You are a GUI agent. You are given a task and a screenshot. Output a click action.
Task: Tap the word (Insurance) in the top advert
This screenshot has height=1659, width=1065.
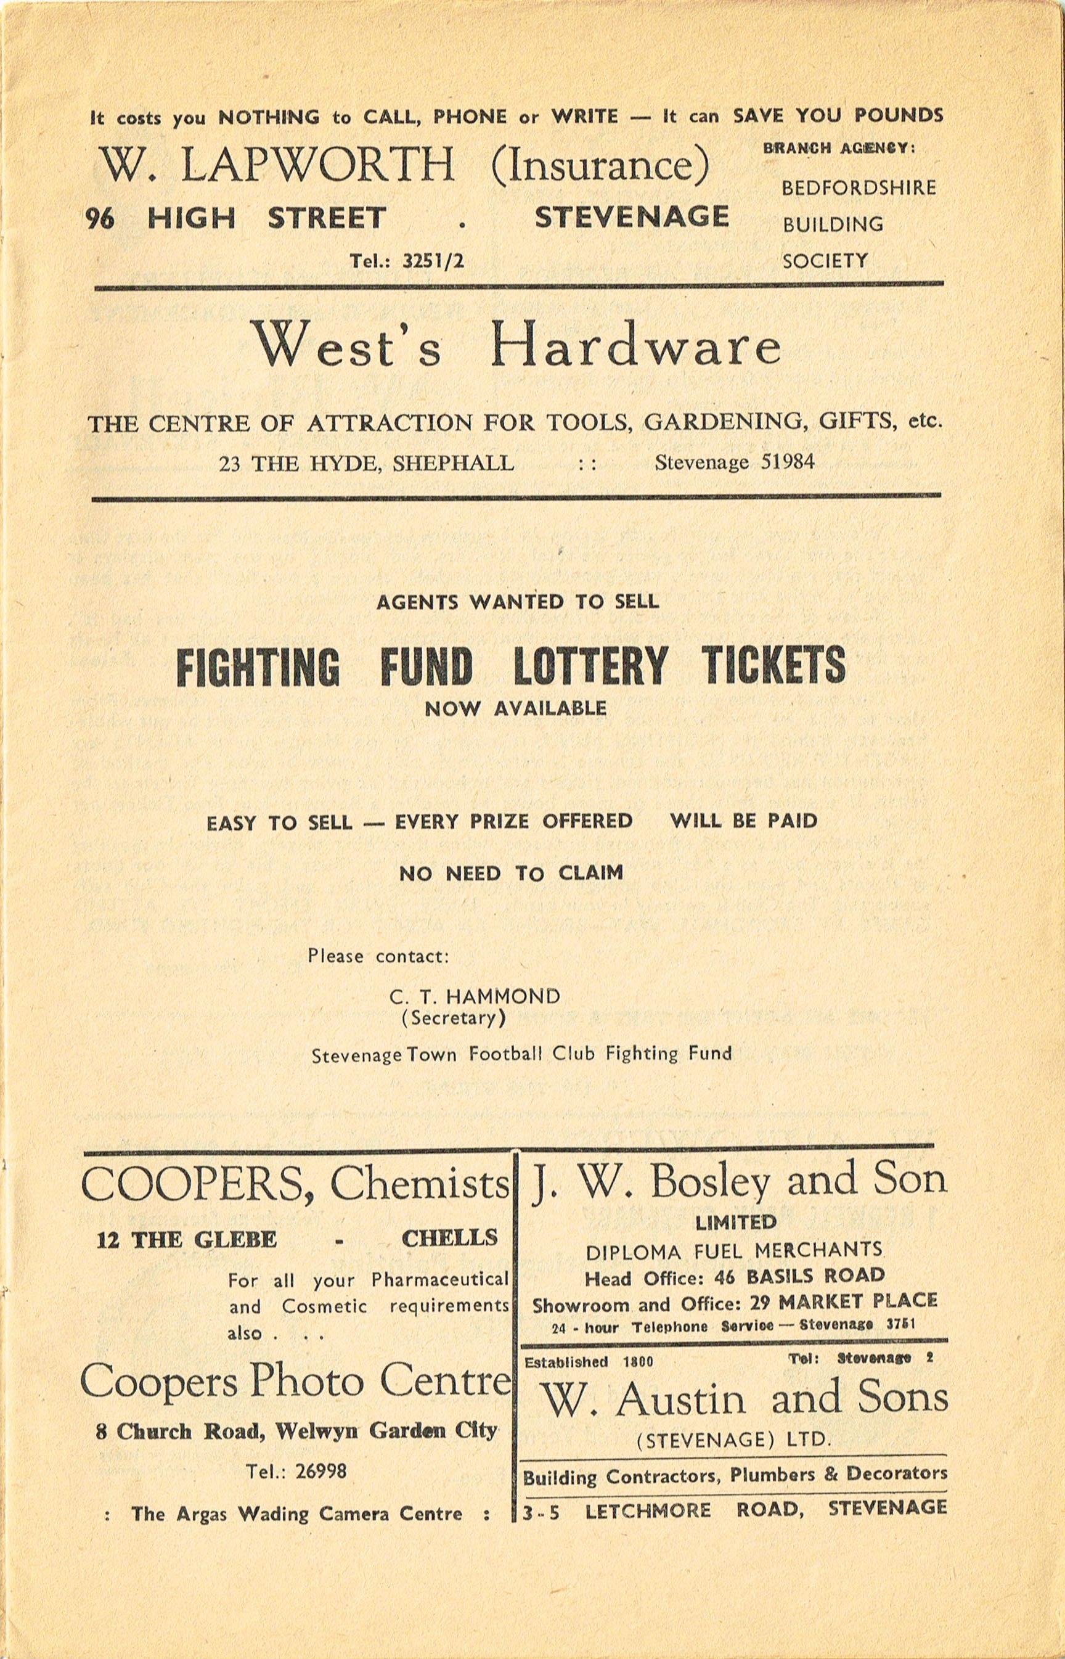point(600,165)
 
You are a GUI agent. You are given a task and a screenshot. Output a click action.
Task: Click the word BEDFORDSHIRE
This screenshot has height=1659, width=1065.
point(858,188)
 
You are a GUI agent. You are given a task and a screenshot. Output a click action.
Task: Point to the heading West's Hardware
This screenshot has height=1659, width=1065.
point(517,345)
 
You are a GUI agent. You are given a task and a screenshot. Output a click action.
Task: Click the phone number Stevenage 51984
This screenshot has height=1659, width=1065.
point(735,462)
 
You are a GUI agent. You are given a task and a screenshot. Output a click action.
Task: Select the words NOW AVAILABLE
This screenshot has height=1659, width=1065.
point(516,709)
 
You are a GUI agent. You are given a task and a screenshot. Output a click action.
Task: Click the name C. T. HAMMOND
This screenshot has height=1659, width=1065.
point(475,996)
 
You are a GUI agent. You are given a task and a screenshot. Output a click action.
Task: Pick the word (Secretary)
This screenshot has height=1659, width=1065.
point(454,1018)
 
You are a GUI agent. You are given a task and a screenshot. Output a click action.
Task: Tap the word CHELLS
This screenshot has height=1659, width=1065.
point(449,1238)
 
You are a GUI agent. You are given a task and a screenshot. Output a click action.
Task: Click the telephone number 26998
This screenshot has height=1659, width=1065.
point(320,1472)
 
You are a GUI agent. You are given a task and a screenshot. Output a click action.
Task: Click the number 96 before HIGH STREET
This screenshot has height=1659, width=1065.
point(100,220)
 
